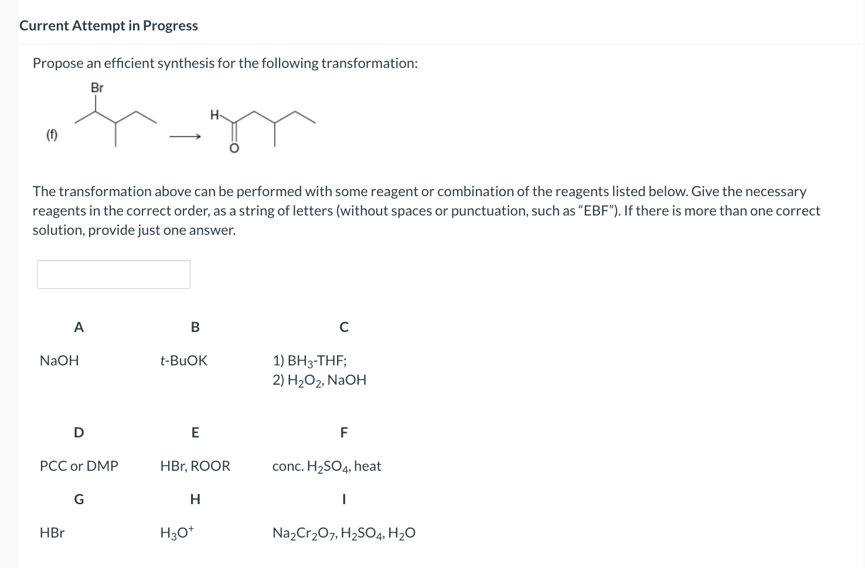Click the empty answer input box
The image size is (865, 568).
pyautogui.click(x=113, y=274)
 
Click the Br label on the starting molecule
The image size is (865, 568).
pyautogui.click(x=97, y=88)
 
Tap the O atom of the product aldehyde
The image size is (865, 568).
pyautogui.click(x=234, y=149)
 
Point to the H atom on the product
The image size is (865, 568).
pyautogui.click(x=214, y=115)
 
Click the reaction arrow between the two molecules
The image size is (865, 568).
pyautogui.click(x=185, y=137)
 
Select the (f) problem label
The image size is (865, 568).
pyautogui.click(x=52, y=136)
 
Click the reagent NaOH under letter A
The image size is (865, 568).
pyautogui.click(x=59, y=361)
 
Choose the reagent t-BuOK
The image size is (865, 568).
pyautogui.click(x=183, y=361)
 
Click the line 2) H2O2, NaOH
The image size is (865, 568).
pyautogui.click(x=319, y=380)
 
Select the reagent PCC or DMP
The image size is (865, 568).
pyautogui.click(x=79, y=466)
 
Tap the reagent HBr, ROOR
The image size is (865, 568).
pyautogui.click(x=195, y=466)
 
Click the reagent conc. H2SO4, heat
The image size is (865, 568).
pyautogui.click(x=326, y=466)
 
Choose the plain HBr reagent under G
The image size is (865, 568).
pyautogui.click(x=52, y=533)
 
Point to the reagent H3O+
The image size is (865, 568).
pyautogui.click(x=177, y=533)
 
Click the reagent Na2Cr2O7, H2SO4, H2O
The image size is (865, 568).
pyautogui.click(x=344, y=533)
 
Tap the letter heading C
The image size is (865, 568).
pyautogui.click(x=344, y=327)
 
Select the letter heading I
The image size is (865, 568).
pyautogui.click(x=344, y=499)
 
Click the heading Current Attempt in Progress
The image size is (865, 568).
pyautogui.click(x=108, y=26)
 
